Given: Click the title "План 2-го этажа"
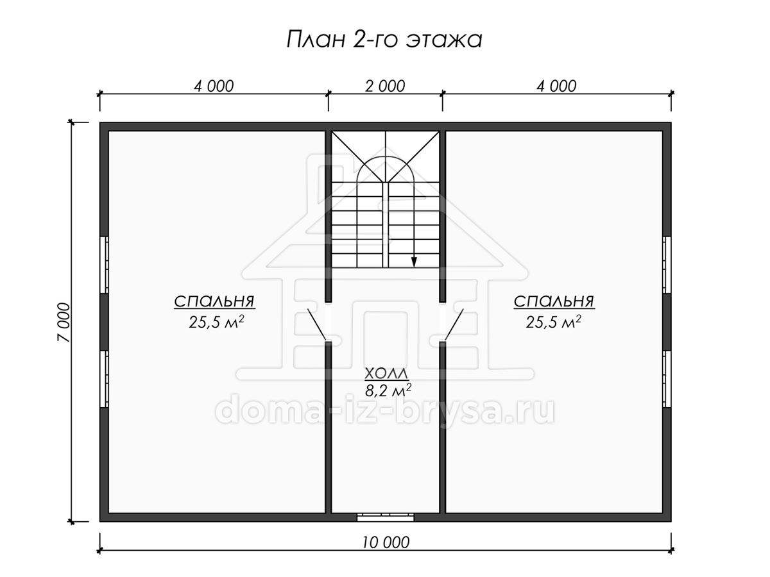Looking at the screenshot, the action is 384,39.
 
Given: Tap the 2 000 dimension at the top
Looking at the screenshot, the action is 385,86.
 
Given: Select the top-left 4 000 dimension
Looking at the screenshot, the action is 214,86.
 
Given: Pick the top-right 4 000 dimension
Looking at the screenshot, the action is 556,86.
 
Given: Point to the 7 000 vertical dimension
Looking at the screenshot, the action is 64,322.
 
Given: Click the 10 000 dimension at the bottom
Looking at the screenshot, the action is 386,542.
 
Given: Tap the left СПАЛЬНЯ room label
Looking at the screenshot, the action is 214,301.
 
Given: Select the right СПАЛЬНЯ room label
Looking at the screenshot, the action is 554,301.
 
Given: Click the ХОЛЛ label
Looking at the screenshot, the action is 386,374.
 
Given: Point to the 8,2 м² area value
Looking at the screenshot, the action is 388,390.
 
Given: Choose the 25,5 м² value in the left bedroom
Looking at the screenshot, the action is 216,322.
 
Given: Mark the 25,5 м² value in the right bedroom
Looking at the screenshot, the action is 553,322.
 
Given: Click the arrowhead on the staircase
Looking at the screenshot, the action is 414,262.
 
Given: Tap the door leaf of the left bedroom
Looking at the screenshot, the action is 317,324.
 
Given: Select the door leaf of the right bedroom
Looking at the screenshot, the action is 454,324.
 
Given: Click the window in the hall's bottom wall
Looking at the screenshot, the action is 386,517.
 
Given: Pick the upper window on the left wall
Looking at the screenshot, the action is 104,265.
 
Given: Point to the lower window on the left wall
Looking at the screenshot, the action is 104,379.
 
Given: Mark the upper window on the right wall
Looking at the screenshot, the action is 667,265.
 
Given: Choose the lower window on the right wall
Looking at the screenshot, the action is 667,379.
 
